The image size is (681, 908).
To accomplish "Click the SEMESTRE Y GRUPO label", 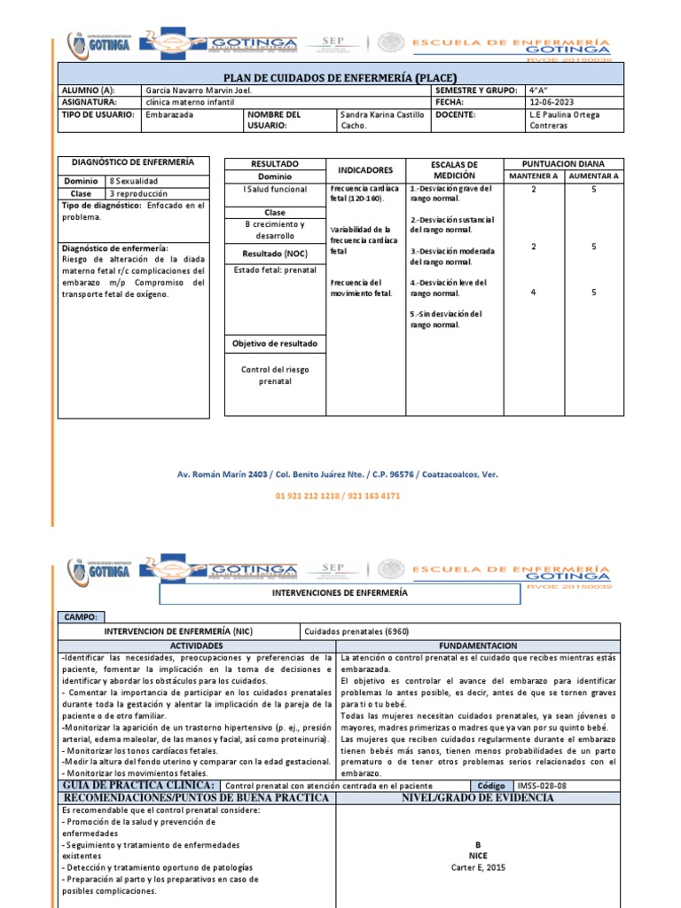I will tap(473, 91).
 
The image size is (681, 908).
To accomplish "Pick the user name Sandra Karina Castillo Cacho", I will tap(381, 121).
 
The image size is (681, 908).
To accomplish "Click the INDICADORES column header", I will tap(365, 169).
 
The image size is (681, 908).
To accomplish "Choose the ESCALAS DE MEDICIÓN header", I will tap(454, 169).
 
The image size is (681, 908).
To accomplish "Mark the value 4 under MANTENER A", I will tap(533, 293).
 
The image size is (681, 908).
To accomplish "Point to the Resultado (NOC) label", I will tap(274, 254).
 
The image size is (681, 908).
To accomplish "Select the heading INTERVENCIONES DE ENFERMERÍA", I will tap(352, 591).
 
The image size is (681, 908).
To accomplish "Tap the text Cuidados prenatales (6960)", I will tap(345, 631).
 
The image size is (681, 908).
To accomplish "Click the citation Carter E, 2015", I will tap(478, 868).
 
